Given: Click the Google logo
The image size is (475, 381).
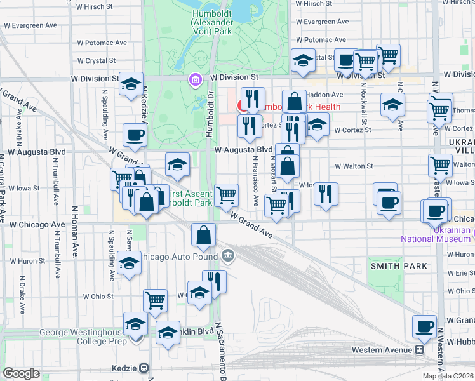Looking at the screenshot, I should [x=22, y=373].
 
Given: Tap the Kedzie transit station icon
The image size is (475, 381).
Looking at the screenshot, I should [x=144, y=368].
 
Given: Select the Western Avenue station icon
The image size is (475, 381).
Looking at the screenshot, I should [x=420, y=350].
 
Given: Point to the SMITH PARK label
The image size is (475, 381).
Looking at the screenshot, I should [x=394, y=266].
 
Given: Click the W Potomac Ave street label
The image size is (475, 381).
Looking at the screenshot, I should [x=101, y=43].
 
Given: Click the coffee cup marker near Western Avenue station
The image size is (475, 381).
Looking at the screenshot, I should [x=425, y=327].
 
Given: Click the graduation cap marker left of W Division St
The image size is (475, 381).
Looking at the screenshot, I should [x=131, y=84].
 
